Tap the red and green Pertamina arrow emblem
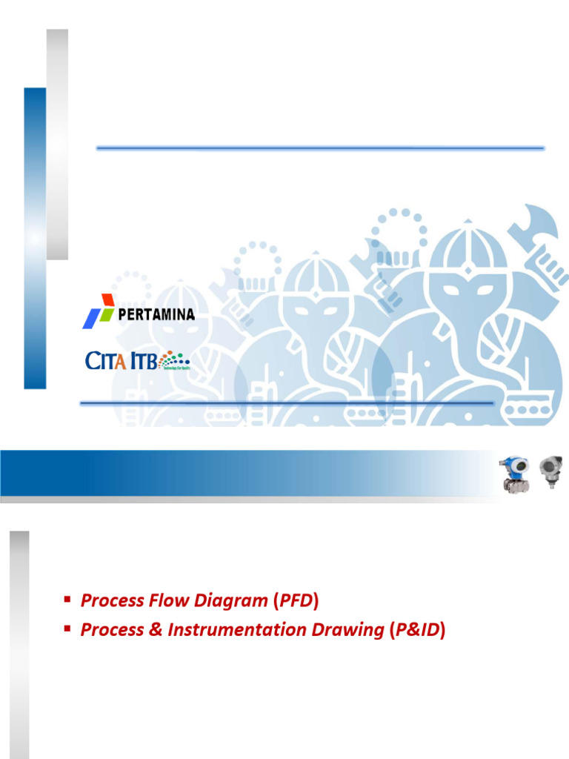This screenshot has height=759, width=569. click(x=98, y=311)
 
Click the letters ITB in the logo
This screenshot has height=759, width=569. click(x=141, y=360)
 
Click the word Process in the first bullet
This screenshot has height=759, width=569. click(x=111, y=600)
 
